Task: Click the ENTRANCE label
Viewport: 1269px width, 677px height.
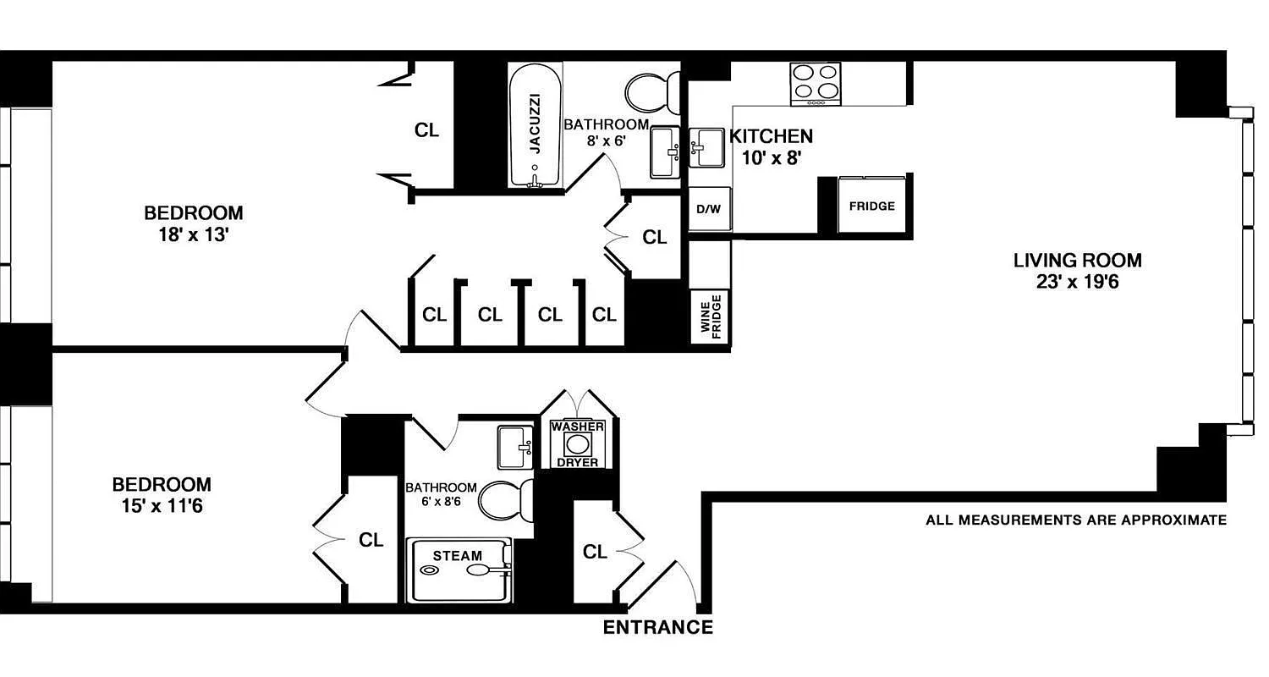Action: point(657,628)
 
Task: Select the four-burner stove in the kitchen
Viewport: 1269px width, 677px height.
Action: point(816,84)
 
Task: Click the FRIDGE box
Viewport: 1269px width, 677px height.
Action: point(871,206)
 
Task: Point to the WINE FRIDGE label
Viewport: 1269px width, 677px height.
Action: point(710,317)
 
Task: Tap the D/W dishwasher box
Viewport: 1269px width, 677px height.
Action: point(709,208)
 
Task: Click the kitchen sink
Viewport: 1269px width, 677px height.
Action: point(706,148)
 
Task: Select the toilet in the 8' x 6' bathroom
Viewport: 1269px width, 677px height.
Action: point(654,88)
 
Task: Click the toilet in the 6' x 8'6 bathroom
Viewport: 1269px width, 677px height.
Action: point(506,500)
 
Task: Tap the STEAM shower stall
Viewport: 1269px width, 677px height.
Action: point(459,570)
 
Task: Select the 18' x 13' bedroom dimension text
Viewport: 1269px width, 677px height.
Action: point(193,235)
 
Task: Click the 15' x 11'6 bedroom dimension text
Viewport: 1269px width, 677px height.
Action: point(162,508)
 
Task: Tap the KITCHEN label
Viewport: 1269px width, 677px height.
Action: point(771,136)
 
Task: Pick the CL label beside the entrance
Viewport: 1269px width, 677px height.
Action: point(595,552)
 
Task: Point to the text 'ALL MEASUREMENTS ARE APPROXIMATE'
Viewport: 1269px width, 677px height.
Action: point(1075,520)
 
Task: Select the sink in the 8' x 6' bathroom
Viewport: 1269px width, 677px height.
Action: point(666,152)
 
